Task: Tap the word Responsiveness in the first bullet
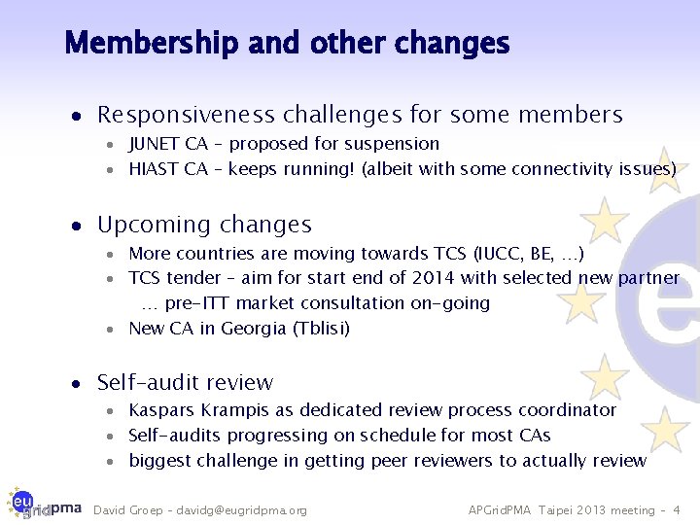pos(186,115)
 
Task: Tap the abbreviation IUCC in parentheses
pos(500,254)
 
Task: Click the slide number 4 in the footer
pos(677,510)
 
